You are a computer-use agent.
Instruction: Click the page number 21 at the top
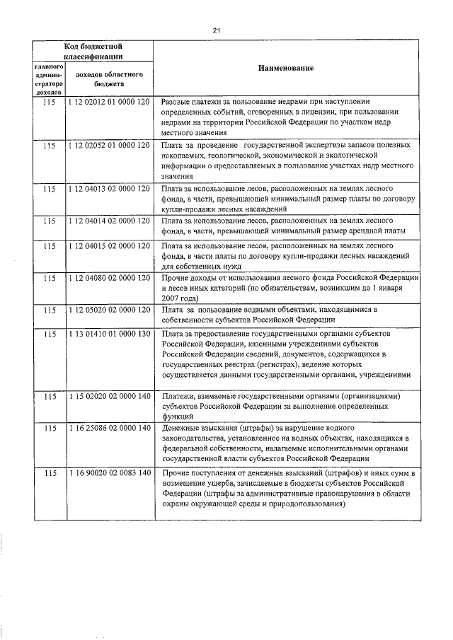coord(217,30)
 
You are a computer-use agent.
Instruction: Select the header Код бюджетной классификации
coord(93,51)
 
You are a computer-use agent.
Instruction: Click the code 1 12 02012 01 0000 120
coord(110,103)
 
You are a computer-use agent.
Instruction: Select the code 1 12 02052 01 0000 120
coord(110,145)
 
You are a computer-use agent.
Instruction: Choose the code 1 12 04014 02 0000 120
coord(110,221)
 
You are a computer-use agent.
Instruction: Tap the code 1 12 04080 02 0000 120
coord(110,279)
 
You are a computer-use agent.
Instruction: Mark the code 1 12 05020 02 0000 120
coord(110,310)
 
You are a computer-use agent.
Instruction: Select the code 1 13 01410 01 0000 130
coord(110,333)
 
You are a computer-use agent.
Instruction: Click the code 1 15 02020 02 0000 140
coord(110,397)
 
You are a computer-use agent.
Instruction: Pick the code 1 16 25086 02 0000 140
coord(110,429)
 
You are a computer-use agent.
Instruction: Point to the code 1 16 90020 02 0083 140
coord(110,472)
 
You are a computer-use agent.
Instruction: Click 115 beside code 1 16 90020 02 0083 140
coord(49,472)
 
